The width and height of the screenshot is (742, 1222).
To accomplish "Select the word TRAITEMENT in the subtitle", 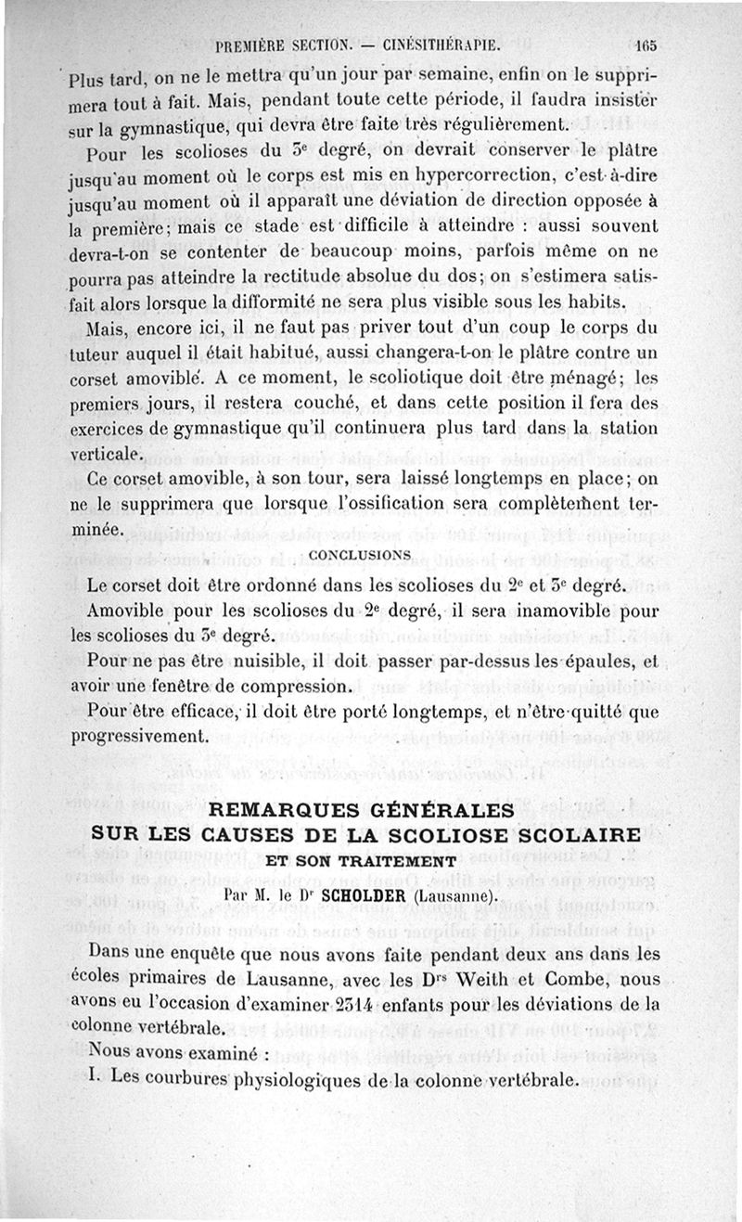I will point(408,860).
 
